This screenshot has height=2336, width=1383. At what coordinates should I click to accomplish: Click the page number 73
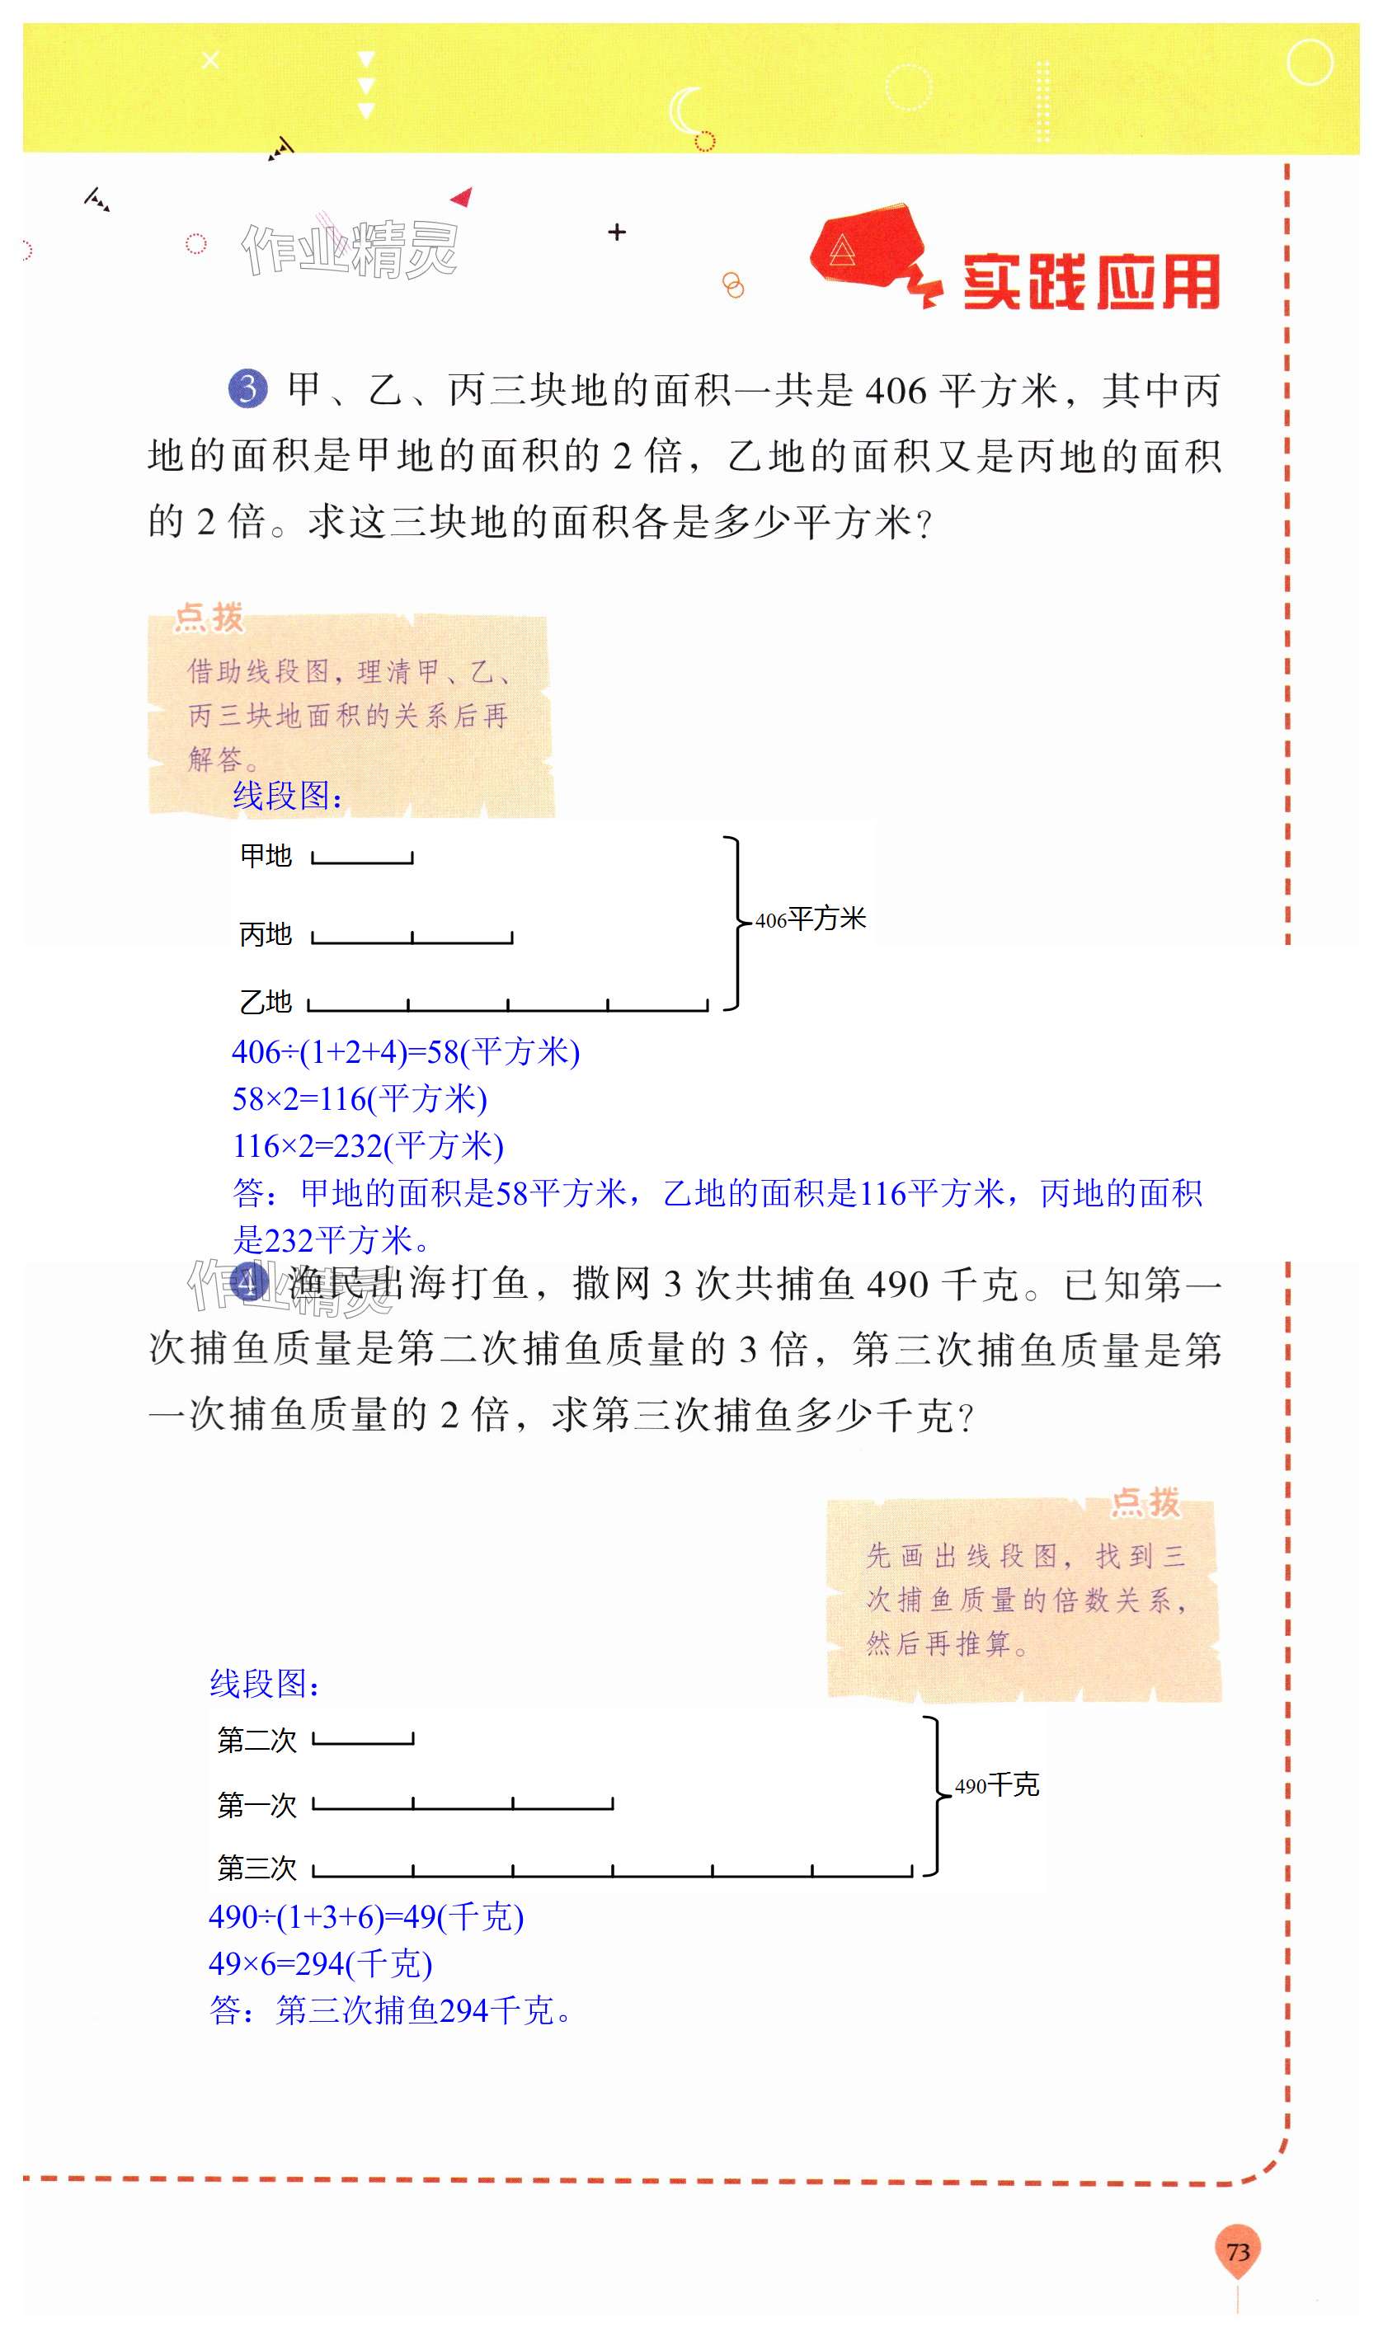pos(1237,2251)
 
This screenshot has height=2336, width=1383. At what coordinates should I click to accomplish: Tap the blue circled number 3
pos(248,388)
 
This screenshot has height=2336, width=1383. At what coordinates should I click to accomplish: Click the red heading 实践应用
pos(1091,280)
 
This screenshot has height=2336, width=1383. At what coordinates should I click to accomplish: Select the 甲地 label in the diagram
pos(266,855)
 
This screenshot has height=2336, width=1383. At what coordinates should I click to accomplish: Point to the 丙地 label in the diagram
pos(266,933)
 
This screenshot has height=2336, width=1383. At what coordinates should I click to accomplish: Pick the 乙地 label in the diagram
pos(266,1002)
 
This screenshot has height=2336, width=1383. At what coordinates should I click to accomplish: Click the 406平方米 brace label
pos(810,919)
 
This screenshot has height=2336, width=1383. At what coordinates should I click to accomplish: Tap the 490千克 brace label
pos(996,1785)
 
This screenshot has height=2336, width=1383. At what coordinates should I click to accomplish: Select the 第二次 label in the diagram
pos(256,1740)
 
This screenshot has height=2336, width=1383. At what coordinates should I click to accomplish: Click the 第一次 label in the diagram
pos(256,1805)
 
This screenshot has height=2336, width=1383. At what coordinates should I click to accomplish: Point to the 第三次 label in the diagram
pos(256,1868)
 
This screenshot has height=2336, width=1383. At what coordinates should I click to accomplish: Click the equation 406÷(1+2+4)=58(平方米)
pos(406,1052)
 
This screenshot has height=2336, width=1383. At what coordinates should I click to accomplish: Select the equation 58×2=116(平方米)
pos(360,1099)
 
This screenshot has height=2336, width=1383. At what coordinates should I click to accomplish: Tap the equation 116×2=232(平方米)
pos(368,1146)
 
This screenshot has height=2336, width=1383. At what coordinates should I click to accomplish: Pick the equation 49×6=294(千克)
pos(321,1963)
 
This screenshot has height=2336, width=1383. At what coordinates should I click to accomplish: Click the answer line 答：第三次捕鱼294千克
pos(389,2011)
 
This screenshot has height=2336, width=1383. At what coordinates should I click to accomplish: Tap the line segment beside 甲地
pos(363,860)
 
